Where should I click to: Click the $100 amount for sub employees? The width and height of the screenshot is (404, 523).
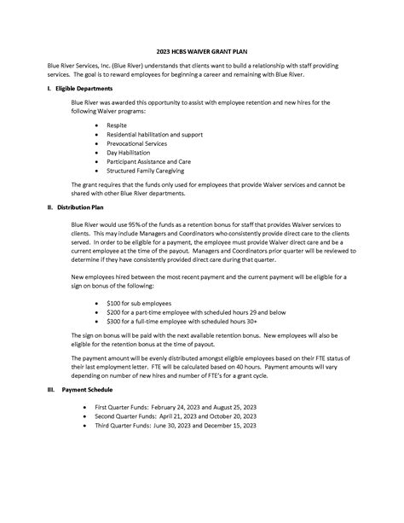114,303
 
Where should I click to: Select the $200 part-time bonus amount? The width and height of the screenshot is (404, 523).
114,312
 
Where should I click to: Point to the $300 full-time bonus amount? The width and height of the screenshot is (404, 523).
114,322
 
